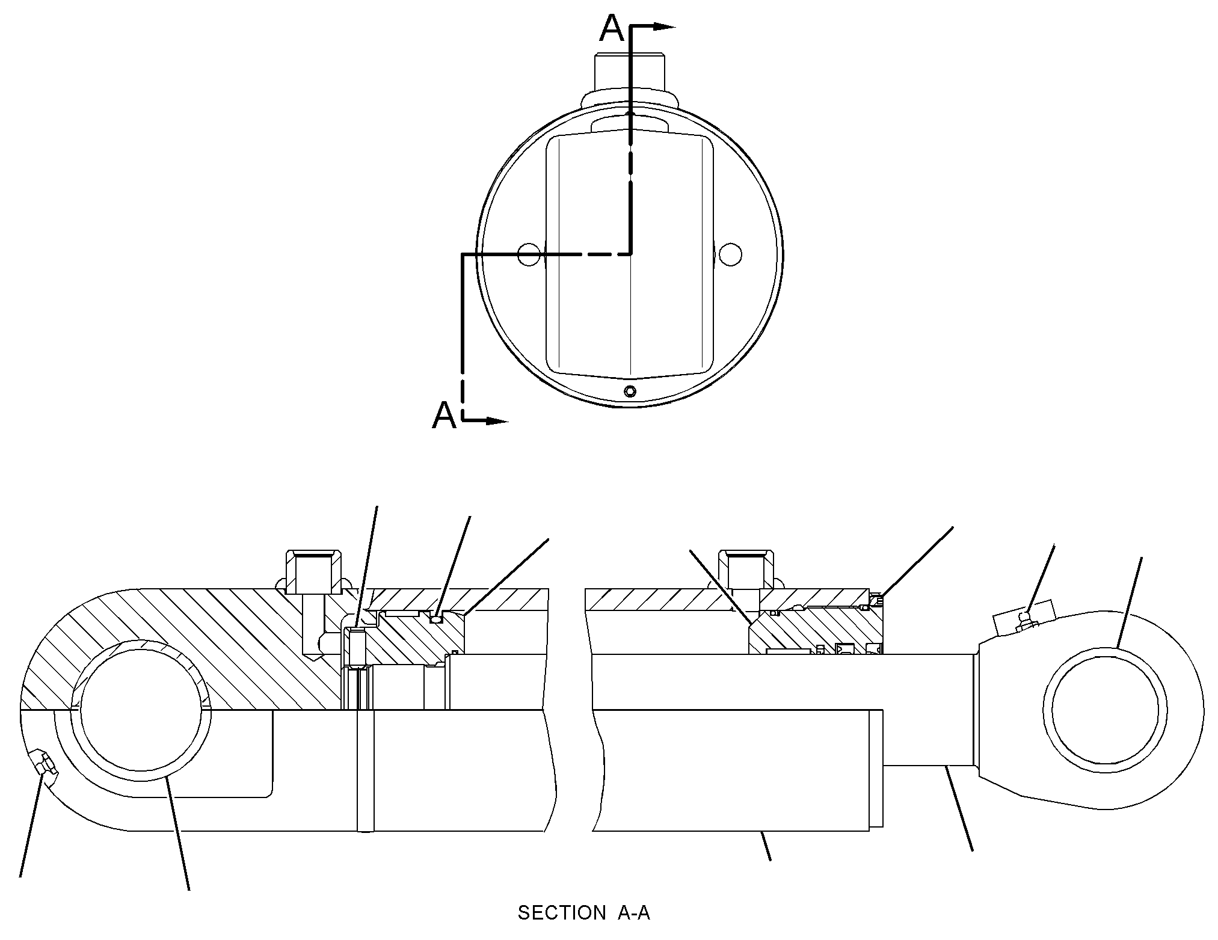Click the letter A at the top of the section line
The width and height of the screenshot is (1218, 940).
(613, 29)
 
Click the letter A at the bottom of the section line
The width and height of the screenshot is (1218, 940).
(444, 415)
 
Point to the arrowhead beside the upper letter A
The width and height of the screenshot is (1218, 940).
(664, 26)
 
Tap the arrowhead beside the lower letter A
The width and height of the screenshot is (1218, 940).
(497, 421)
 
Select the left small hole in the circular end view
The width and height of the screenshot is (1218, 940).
(528, 254)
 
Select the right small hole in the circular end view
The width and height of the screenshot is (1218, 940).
(730, 254)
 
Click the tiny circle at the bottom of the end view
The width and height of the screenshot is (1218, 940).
(630, 392)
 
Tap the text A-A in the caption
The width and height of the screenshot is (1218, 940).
(633, 913)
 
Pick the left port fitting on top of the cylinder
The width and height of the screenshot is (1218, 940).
(312, 571)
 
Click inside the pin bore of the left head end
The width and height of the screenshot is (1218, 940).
(141, 709)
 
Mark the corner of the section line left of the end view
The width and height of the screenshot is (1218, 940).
(462, 254)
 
